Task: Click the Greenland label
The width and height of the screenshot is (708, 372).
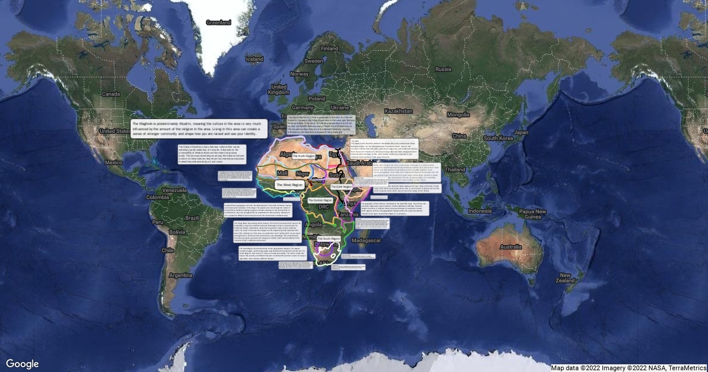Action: (218, 22)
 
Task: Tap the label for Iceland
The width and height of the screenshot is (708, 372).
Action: (254, 59)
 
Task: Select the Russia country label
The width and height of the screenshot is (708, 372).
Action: (443, 69)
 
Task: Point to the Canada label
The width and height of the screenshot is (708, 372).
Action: (111, 94)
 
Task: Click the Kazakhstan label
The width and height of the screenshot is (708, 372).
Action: (398, 111)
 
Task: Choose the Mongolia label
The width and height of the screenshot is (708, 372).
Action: (458, 115)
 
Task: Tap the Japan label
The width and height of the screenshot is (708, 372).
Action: (521, 132)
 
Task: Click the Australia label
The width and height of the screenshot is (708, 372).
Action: (510, 247)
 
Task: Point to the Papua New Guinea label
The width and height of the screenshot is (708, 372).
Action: (533, 214)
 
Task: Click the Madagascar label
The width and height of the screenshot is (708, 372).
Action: (366, 241)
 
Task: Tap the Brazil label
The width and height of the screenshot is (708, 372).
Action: (192, 218)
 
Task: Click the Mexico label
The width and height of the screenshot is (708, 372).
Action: (113, 162)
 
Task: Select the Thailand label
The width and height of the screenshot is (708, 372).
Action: (455, 169)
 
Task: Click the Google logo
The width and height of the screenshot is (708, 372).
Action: (22, 364)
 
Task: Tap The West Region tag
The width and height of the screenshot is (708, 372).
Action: (289, 185)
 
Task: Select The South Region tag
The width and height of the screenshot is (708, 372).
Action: (329, 239)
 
